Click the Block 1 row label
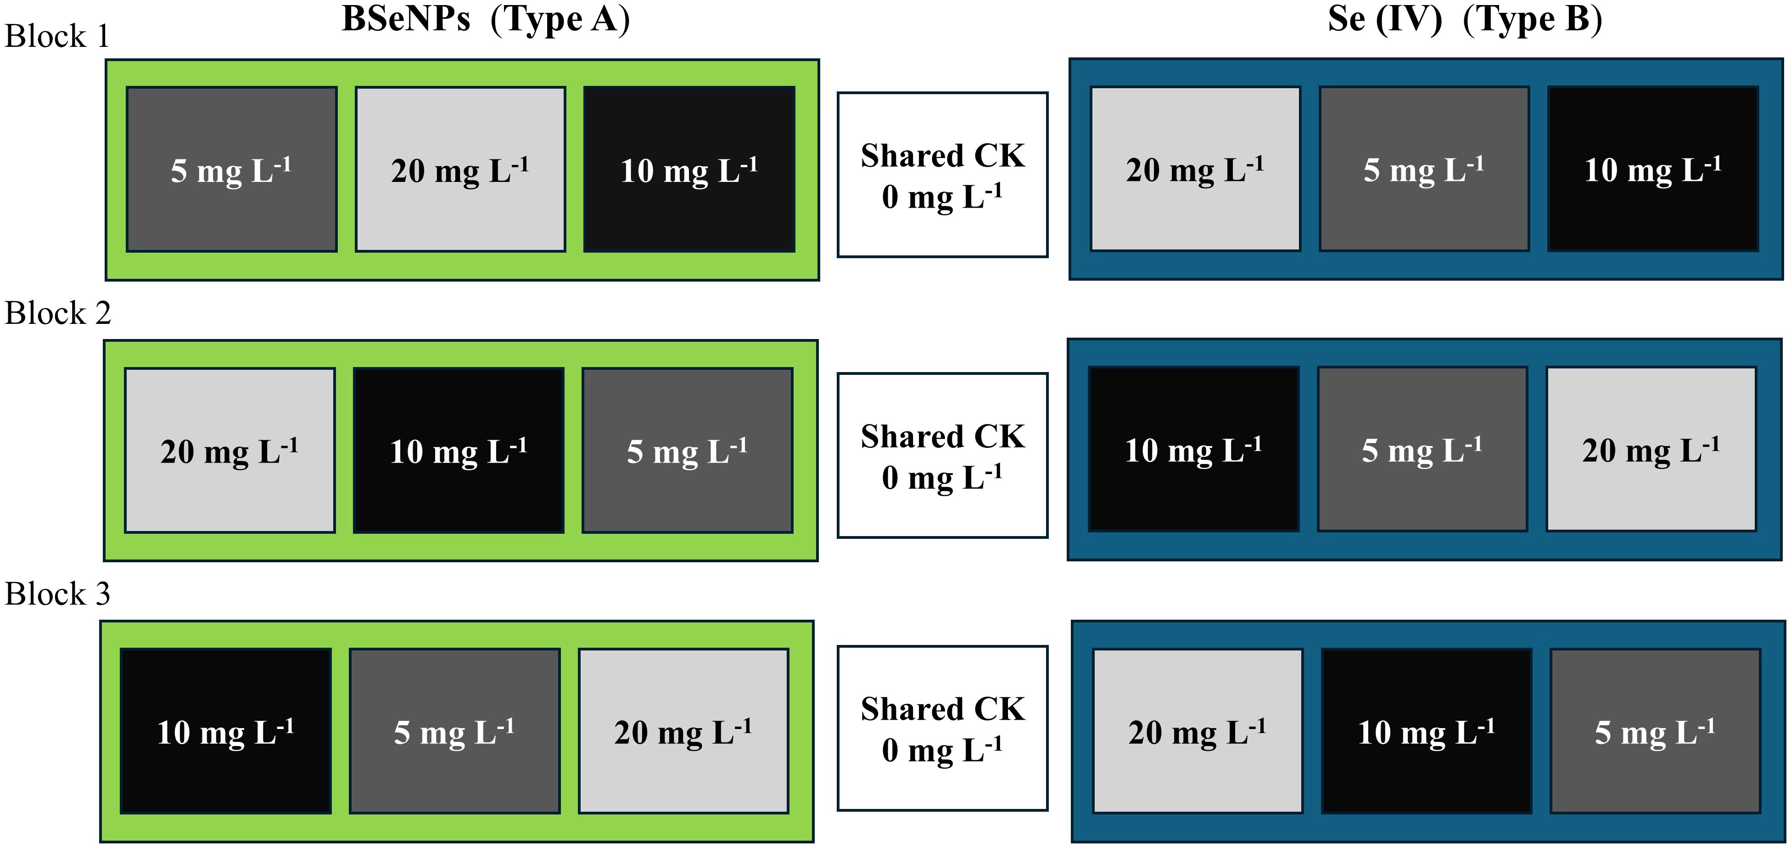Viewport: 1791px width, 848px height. pyautogui.click(x=57, y=36)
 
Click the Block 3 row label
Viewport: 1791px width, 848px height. pyautogui.click(x=57, y=594)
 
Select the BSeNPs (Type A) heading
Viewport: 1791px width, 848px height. pyautogui.click(x=486, y=19)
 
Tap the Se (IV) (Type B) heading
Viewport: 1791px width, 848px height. pyautogui.click(x=1466, y=19)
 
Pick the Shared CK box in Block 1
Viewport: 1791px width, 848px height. pyautogui.click(x=942, y=175)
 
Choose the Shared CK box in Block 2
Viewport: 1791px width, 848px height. pyautogui.click(x=942, y=456)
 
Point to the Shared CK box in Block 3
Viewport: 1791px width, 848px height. pyautogui.click(x=942, y=729)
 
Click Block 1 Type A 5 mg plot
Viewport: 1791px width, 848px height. pyautogui.click(x=231, y=169)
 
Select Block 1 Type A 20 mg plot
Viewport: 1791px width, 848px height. pyautogui.click(x=460, y=169)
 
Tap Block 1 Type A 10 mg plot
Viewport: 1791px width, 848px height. pyautogui.click(x=689, y=169)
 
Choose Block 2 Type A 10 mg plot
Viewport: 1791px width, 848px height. pyautogui.click(x=458, y=450)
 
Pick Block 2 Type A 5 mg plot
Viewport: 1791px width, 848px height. pyautogui.click(x=687, y=450)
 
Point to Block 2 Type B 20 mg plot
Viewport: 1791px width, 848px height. pyautogui.click(x=1651, y=449)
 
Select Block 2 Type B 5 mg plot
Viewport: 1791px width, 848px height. pyautogui.click(x=1422, y=449)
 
